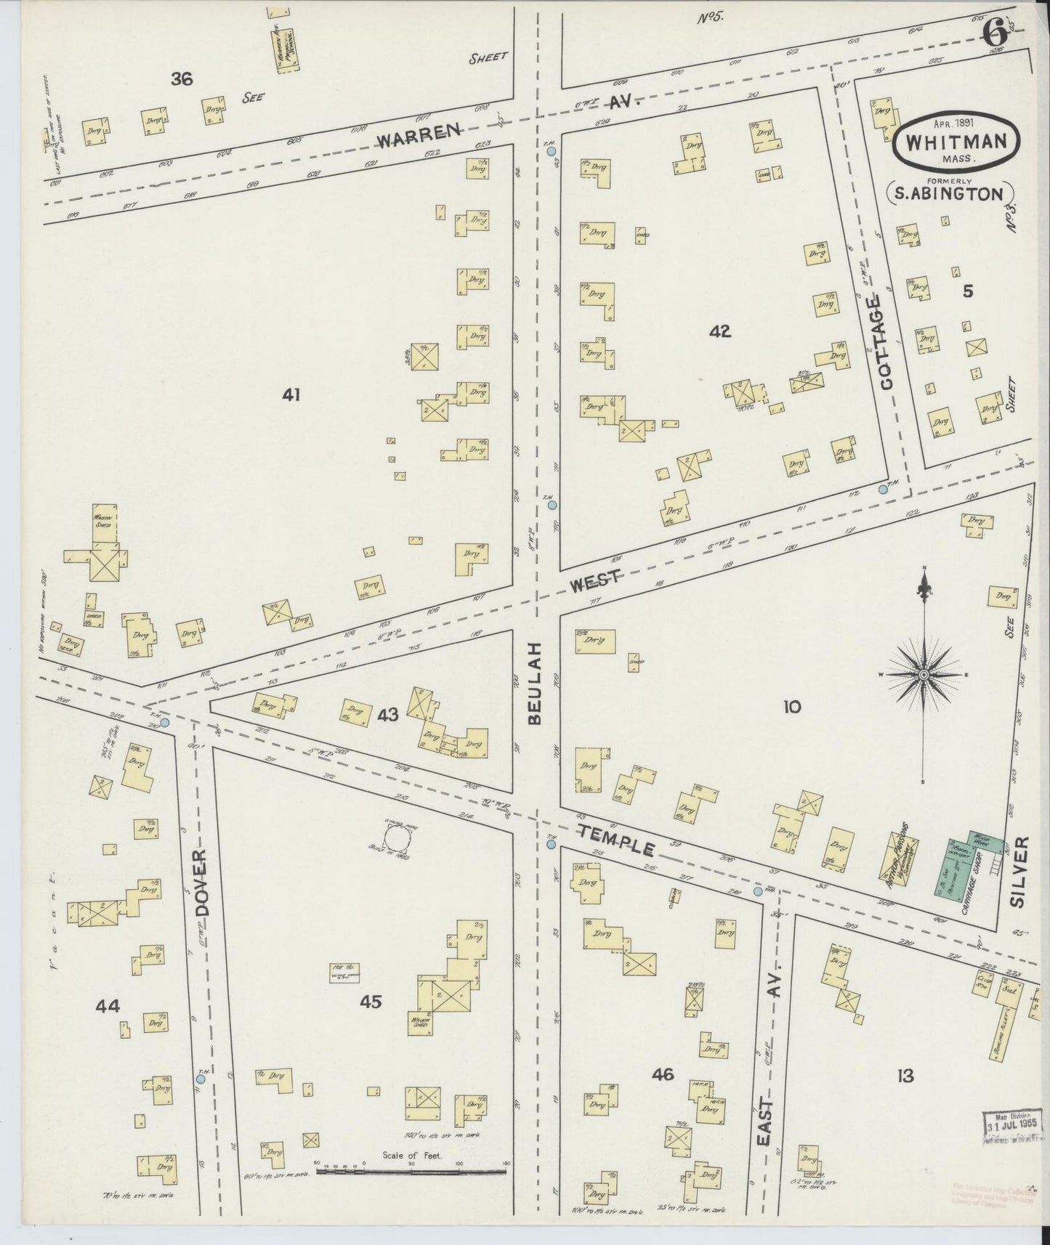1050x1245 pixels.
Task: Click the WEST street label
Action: coord(594,581)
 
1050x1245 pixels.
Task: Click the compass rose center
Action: coord(923,676)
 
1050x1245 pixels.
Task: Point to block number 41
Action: coord(291,395)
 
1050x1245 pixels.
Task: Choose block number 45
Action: coord(370,1002)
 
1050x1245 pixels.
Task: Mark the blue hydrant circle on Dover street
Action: coord(201,1079)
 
